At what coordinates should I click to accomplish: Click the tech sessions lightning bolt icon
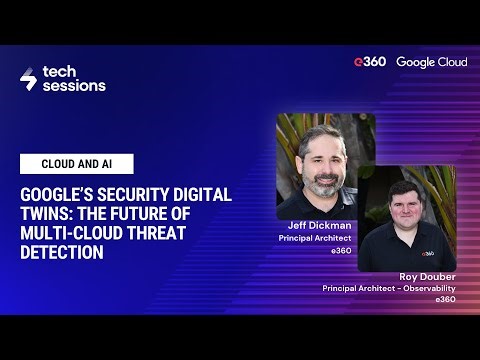28,79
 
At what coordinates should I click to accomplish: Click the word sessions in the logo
73,87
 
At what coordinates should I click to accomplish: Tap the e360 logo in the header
368,62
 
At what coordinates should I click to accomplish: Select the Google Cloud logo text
431,62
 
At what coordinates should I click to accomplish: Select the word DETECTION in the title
61,253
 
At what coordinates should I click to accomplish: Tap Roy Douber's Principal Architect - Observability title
388,288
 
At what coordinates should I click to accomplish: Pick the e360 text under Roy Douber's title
445,299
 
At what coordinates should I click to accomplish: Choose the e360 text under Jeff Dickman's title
341,251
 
